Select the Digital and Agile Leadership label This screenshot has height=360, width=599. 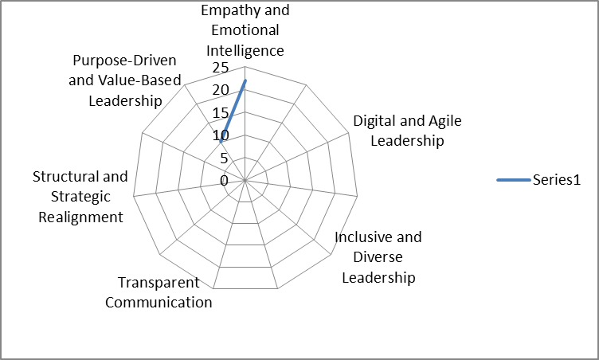(407, 131)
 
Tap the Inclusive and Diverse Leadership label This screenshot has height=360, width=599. (378, 257)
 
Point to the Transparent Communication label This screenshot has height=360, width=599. (159, 292)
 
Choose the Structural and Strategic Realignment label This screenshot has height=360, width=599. (80, 197)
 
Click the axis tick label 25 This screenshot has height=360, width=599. (221, 68)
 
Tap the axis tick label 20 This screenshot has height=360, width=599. (221, 90)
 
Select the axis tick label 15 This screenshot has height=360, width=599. (221, 112)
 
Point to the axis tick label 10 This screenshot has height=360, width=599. (221, 135)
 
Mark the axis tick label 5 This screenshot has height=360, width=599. (225, 158)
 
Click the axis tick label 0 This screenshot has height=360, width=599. (225, 181)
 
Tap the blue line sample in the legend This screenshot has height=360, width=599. (514, 181)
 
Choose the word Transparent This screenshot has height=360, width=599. (159, 283)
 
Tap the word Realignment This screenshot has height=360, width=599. (80, 217)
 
